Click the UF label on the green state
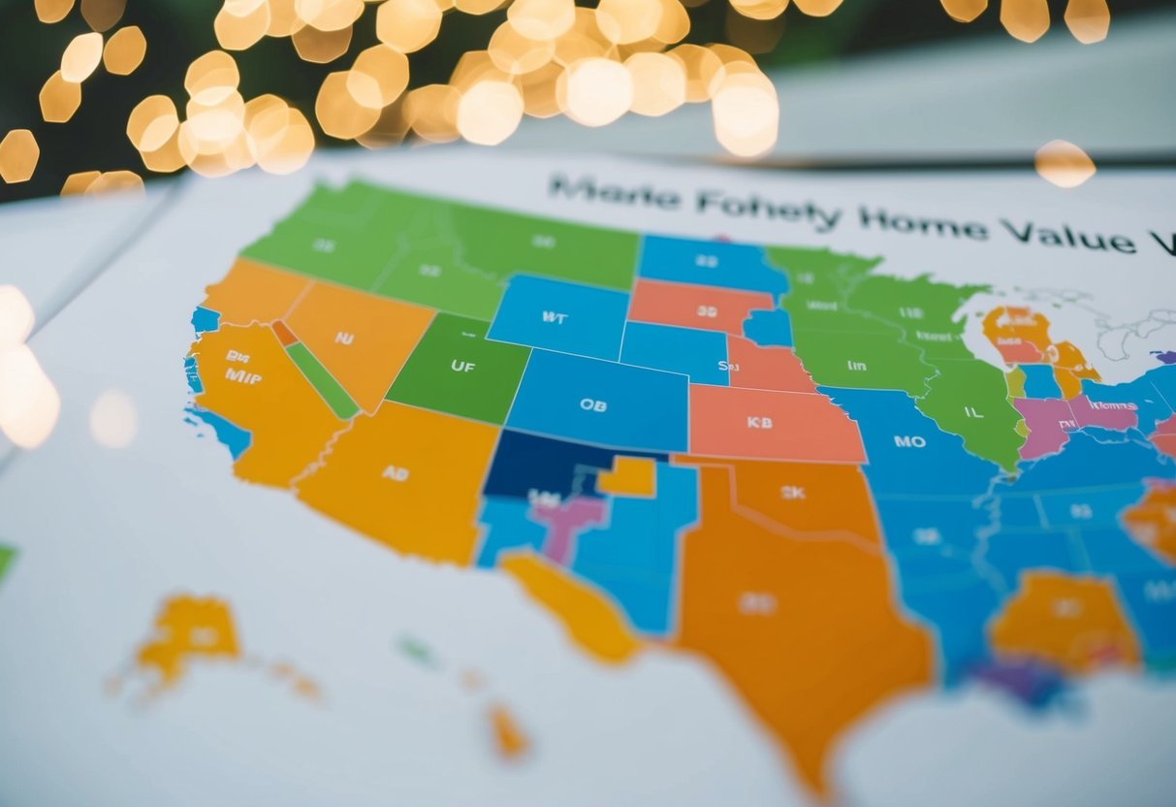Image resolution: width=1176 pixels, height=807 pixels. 462,367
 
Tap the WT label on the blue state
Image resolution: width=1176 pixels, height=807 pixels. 555,316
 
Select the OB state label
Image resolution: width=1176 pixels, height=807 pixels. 592,405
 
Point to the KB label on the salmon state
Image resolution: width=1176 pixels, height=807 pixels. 759,422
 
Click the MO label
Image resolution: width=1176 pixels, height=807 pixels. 908,441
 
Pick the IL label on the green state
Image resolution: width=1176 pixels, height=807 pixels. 971,411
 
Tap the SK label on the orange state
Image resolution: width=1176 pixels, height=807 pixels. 792,493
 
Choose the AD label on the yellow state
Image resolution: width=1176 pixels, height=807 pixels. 395,473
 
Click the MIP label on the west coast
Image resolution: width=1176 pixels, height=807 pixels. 242,375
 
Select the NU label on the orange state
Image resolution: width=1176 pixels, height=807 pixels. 344,339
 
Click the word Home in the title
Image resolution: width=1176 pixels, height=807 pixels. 922,225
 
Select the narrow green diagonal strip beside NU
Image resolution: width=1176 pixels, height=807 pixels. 322,380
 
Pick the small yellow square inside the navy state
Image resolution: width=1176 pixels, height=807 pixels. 627,476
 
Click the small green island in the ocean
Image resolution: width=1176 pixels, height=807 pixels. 417,651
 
